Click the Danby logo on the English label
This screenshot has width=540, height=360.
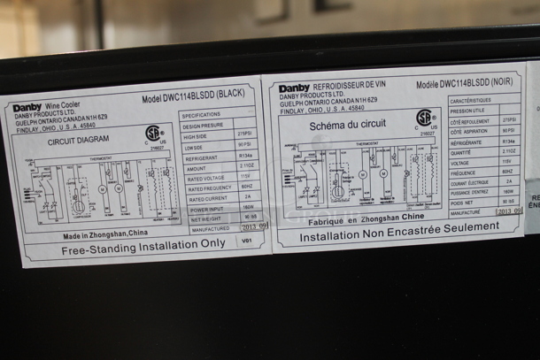pyautogui.click(x=27, y=108)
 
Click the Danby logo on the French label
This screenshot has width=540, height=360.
pyautogui.click(x=294, y=88)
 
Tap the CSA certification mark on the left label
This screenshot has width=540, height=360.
pyautogui.click(x=154, y=134)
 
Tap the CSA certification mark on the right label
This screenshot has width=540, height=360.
pyautogui.click(x=425, y=118)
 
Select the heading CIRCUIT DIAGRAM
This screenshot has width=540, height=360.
pyautogui.click(x=78, y=140)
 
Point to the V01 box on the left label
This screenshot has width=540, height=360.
pyautogui.click(x=247, y=240)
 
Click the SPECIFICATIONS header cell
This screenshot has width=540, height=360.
pyautogui.click(x=202, y=116)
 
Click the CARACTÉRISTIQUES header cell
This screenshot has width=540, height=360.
pyautogui.click(x=470, y=101)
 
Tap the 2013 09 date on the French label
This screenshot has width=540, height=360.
pyautogui.click(x=509, y=211)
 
